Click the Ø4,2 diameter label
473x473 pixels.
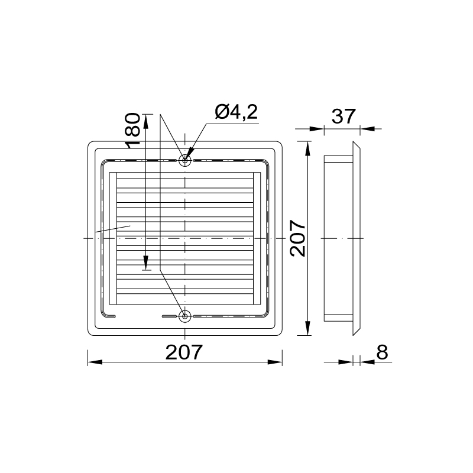[236, 112]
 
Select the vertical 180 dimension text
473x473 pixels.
[132, 130]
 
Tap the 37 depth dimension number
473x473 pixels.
[344, 116]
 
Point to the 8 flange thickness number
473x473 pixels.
[382, 352]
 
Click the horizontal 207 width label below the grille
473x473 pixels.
[184, 352]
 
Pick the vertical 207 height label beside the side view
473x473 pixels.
[298, 238]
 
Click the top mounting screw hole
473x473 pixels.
[184, 160]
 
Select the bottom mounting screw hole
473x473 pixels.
[184, 316]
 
